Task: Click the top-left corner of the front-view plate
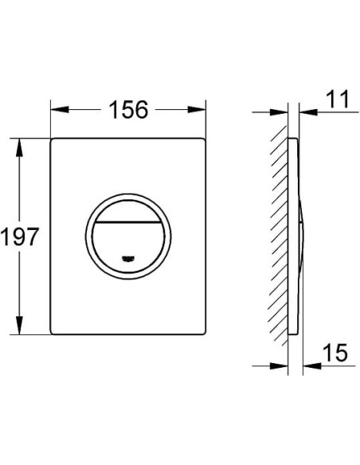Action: [55, 141]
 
